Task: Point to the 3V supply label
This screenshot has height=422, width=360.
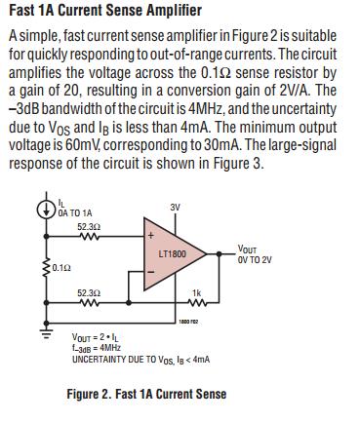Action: pos(175,208)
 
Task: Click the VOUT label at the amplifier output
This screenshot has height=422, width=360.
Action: pos(247,249)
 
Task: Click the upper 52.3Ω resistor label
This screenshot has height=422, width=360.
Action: pos(89,225)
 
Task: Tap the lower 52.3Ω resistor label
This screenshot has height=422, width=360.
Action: pos(89,292)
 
